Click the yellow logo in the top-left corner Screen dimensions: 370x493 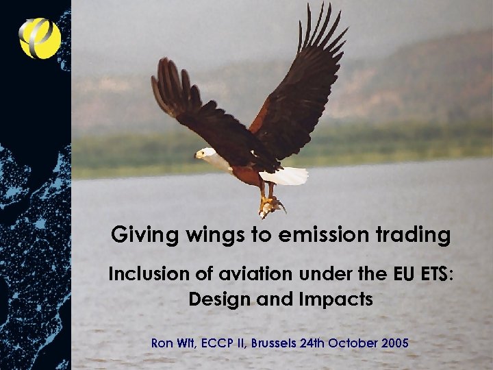point(40,38)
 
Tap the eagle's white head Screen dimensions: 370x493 point(206,153)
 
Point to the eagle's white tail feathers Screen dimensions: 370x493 point(286,175)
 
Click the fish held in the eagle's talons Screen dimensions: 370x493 point(270,204)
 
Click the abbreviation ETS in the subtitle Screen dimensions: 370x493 point(433,274)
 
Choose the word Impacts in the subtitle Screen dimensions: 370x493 point(335,299)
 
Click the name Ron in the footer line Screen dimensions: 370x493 point(162,341)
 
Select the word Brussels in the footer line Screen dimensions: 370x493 point(273,341)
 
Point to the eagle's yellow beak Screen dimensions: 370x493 point(197,156)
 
